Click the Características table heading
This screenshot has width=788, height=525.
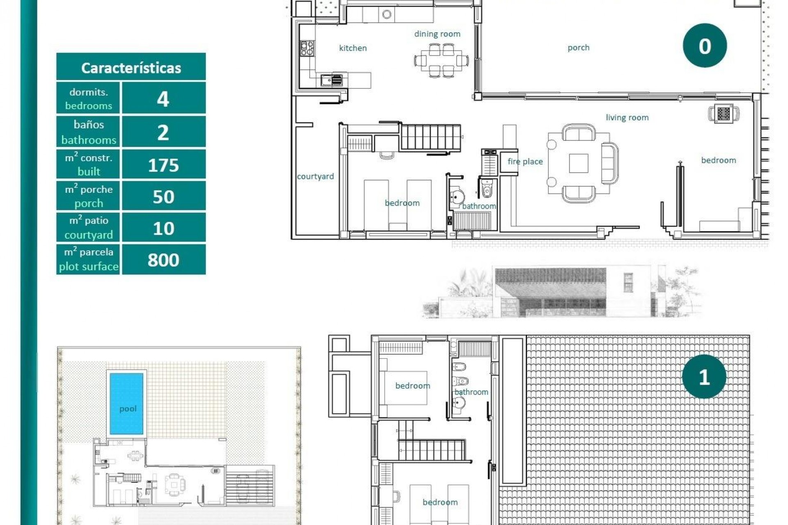131,68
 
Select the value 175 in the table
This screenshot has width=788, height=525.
163,165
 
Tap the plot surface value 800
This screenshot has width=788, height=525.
163,260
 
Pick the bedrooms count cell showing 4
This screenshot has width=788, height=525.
163,99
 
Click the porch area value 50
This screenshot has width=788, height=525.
163,196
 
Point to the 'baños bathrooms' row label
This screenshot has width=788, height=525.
89,132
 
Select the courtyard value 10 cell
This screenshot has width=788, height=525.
163,228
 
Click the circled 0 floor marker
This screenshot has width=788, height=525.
705,46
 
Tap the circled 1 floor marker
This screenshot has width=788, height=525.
704,377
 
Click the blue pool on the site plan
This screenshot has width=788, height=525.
126,403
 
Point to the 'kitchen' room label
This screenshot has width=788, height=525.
353,48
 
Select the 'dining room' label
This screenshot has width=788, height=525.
437,34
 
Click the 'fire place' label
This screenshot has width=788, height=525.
525,162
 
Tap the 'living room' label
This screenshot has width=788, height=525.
627,118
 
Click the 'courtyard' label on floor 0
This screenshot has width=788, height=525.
315,176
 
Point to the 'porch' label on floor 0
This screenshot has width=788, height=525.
578,48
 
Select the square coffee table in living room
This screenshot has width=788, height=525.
578,163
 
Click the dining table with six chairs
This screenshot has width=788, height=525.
441,61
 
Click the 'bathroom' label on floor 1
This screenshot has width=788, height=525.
471,392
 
